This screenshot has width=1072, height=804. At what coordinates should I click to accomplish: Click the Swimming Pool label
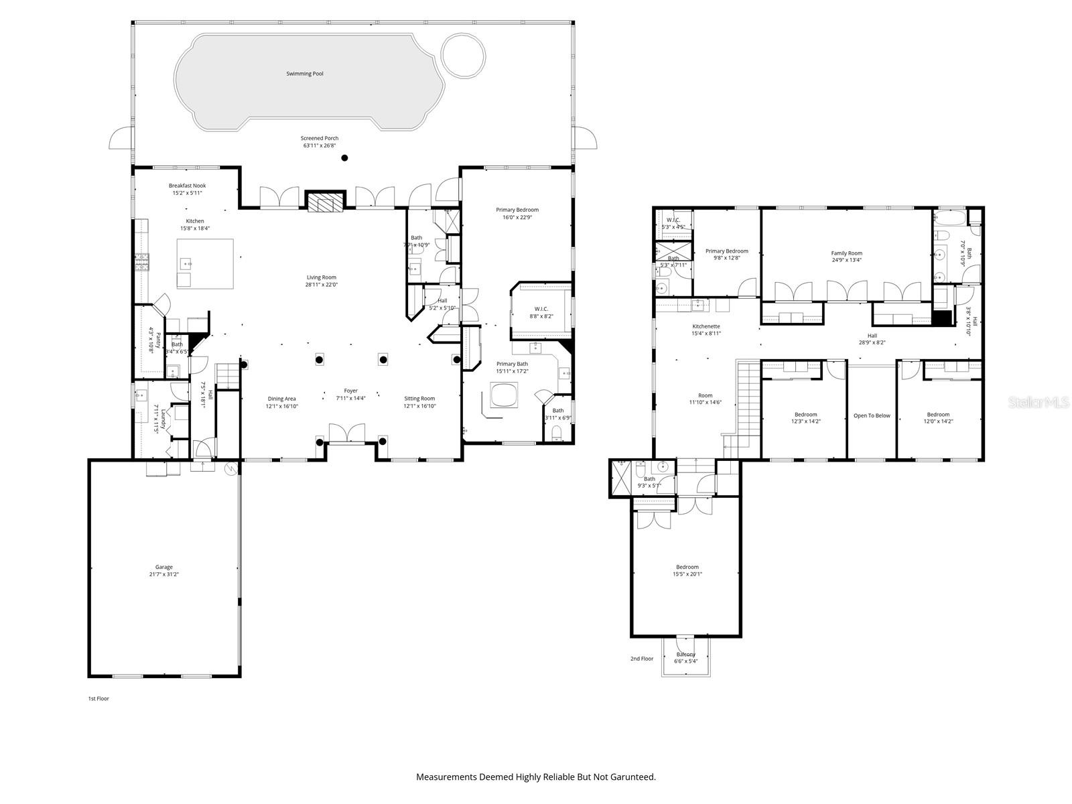[305, 74]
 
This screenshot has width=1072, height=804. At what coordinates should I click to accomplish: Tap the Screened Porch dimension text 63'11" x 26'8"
[320, 145]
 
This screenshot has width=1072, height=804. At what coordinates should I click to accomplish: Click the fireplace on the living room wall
[325, 202]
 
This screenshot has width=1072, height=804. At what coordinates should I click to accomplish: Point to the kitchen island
[205, 263]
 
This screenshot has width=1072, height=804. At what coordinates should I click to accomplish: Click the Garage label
[164, 567]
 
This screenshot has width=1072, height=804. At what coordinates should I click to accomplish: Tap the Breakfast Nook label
[187, 186]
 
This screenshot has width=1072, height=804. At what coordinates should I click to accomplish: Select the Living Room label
[322, 277]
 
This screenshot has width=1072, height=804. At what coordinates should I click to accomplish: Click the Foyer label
[351, 391]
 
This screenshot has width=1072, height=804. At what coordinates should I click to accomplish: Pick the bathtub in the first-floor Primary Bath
[504, 395]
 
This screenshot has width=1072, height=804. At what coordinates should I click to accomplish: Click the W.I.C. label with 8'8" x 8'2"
[541, 309]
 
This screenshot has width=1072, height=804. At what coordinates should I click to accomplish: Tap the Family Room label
[846, 253]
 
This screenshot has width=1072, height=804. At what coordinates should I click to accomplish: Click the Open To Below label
[872, 415]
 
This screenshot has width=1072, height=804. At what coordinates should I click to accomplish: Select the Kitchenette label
[706, 326]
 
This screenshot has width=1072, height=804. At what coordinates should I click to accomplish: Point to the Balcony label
[686, 655]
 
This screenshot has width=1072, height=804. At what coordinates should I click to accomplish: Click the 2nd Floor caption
[641, 659]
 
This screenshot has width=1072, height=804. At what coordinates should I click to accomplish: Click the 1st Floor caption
[98, 699]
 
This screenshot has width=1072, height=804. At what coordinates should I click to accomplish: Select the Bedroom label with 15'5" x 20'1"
[687, 567]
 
